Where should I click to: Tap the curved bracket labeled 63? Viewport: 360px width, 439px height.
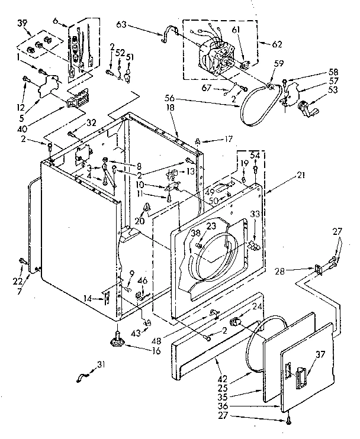click(168, 34)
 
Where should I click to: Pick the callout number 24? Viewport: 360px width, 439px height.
click(258, 306)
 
